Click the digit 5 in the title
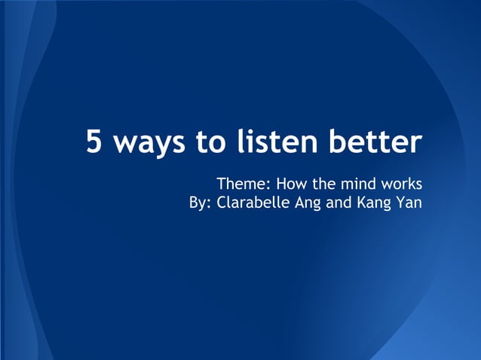95,142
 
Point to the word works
403,184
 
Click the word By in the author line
198,203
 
